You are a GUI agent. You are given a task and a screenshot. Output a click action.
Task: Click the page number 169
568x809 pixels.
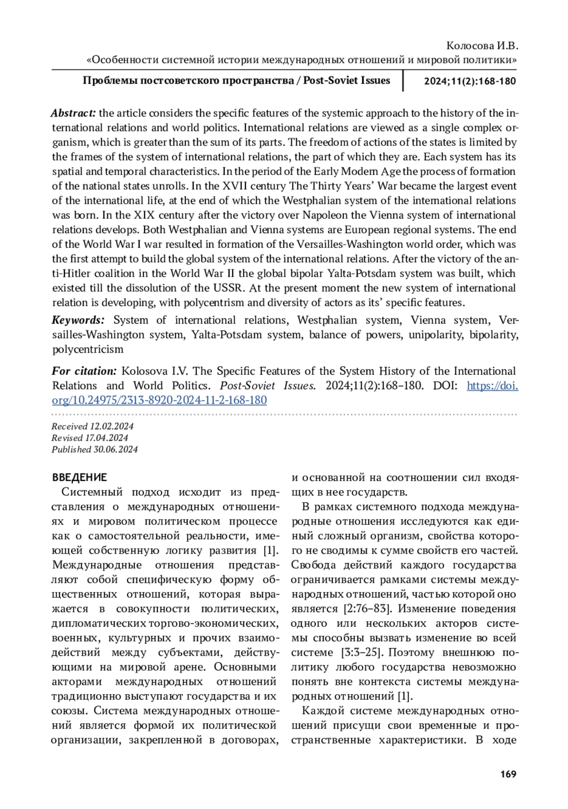508,774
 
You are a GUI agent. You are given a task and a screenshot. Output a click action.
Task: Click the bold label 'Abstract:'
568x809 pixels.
73,113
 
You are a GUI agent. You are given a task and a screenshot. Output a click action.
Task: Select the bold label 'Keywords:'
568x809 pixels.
78,320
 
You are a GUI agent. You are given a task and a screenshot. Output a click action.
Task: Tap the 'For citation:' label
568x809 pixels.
84,371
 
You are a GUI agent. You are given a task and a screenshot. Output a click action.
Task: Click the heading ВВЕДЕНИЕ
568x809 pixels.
80,477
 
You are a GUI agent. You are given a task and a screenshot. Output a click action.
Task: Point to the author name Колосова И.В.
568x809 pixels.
482,46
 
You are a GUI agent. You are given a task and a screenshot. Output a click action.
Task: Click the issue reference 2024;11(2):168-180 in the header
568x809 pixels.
470,81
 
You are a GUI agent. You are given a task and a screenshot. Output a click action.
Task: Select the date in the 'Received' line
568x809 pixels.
112,426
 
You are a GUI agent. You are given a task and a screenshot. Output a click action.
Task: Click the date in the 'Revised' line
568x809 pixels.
106,438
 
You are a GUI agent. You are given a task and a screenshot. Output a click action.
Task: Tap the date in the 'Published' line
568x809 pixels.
115,449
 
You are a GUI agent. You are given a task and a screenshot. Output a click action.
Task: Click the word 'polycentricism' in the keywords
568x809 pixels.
88,350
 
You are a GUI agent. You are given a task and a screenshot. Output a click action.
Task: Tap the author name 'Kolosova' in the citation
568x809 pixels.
141,371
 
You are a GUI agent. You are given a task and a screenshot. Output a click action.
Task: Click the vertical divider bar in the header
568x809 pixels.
403,80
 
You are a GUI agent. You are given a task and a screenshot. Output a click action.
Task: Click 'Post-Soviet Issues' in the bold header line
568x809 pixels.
346,80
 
